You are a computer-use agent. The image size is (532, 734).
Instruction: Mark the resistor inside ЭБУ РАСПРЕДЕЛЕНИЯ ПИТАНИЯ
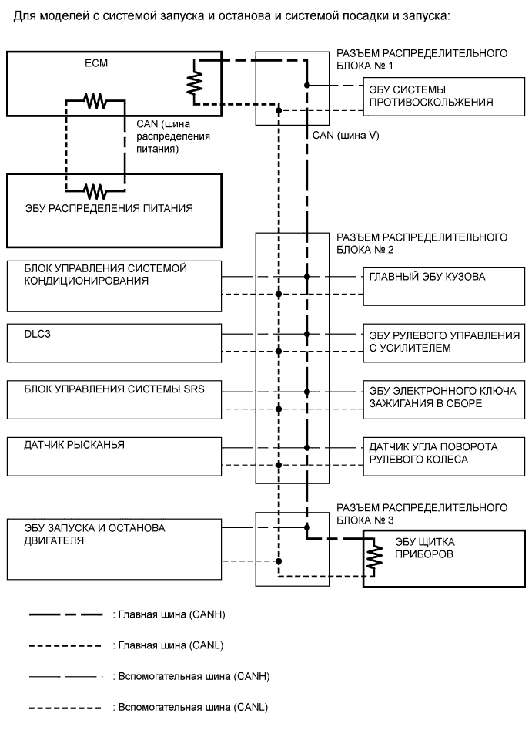point(95,190)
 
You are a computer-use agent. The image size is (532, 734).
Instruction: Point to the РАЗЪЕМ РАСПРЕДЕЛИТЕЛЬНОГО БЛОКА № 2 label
point(421,243)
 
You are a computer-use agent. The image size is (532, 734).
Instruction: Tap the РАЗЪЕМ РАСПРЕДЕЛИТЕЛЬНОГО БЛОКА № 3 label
point(421,513)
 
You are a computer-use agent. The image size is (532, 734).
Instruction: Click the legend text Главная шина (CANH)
point(168,614)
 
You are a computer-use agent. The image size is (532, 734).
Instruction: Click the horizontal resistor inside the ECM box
point(95,100)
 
